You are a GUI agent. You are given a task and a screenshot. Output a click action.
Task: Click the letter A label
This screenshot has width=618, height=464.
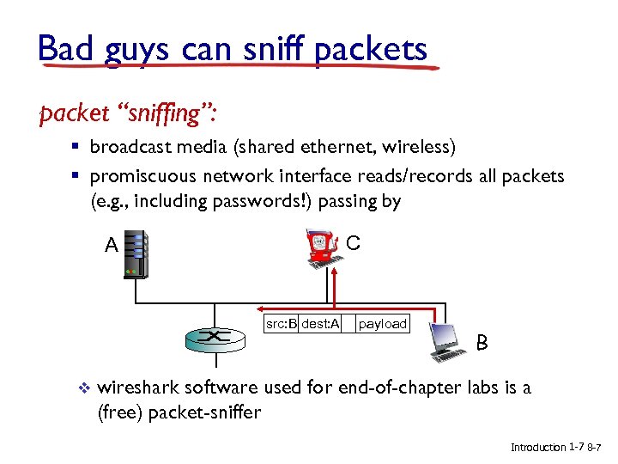coord(111,246)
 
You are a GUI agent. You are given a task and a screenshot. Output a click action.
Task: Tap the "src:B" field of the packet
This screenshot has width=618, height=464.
coord(281,324)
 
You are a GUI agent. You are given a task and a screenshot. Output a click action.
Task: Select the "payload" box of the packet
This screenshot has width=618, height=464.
coord(382,324)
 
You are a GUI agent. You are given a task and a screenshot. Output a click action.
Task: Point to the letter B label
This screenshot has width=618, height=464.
coord(482,344)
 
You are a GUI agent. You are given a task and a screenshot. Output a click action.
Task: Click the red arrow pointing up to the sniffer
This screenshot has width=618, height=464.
coord(336,284)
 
